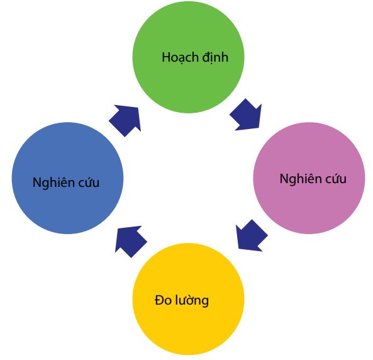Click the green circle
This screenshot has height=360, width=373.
[188, 57]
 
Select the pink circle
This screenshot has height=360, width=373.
[309, 178]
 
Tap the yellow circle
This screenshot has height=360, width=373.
[188, 299]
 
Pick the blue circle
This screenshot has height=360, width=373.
[67, 178]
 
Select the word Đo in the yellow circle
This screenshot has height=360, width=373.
[163, 300]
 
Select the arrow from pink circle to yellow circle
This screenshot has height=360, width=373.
[251, 236]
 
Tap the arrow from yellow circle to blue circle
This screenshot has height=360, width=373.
[130, 241]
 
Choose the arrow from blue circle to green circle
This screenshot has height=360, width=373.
[126, 120]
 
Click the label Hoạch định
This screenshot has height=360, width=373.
[195, 58]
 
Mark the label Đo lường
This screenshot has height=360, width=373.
[182, 301]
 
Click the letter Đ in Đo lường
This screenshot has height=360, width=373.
[159, 300]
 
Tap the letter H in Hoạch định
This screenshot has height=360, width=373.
[166, 57]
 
